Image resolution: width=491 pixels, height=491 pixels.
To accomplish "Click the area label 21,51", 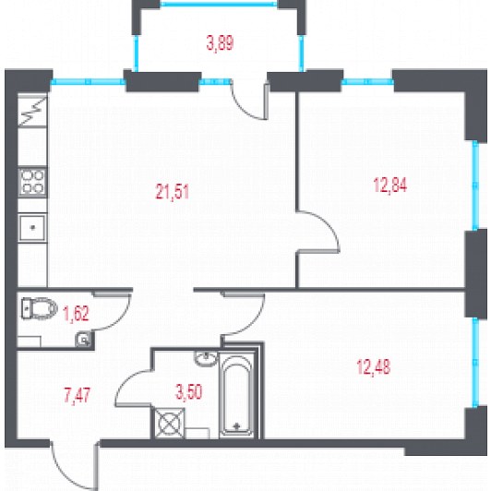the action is click(173, 192).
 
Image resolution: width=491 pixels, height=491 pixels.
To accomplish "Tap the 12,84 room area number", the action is click(390, 185).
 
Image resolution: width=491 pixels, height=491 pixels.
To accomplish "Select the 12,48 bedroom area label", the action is click(374, 366).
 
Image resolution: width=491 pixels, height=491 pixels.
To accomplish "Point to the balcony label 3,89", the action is click(221, 42).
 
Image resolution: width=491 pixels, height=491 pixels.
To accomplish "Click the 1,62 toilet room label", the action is click(76, 314).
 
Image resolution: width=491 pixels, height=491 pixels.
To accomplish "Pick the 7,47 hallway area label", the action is click(78, 395).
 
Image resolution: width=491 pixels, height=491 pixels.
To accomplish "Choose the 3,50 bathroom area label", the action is click(189, 392).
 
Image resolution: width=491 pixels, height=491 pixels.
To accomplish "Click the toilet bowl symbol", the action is click(40, 308).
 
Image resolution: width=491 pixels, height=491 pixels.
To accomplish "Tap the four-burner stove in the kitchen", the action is click(32, 183).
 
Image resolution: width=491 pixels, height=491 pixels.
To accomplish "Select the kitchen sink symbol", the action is click(32, 228).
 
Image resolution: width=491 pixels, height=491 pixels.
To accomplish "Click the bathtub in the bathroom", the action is click(236, 395).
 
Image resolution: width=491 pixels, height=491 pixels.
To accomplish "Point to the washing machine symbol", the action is click(170, 424).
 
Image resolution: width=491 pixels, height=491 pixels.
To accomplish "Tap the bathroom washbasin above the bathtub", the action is click(206, 358).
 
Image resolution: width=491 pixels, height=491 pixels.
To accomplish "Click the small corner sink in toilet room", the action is click(83, 339).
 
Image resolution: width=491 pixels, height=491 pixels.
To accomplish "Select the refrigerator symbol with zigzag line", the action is click(32, 111).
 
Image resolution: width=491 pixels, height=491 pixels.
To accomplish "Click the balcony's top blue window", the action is click(219, 4).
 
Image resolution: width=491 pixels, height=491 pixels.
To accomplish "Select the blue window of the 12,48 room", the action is click(475, 363).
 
